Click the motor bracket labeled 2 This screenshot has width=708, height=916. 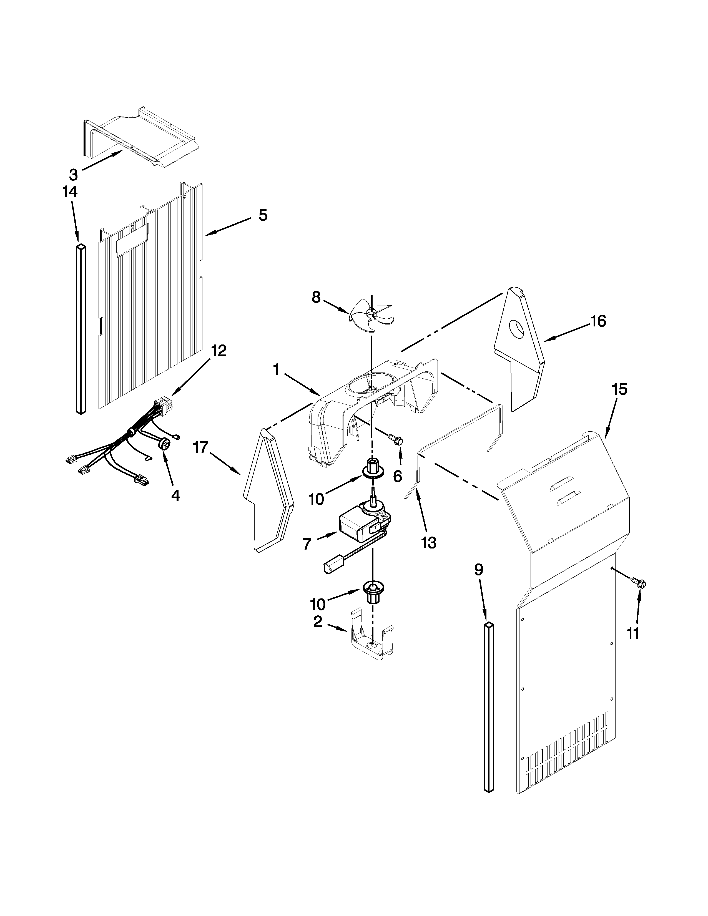(x=371, y=642)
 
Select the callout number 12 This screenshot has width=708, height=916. (x=219, y=351)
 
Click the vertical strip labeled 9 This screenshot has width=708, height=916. (x=489, y=713)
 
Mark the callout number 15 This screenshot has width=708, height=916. (x=619, y=390)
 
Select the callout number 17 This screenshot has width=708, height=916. (x=200, y=448)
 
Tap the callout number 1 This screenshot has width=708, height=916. (x=276, y=369)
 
